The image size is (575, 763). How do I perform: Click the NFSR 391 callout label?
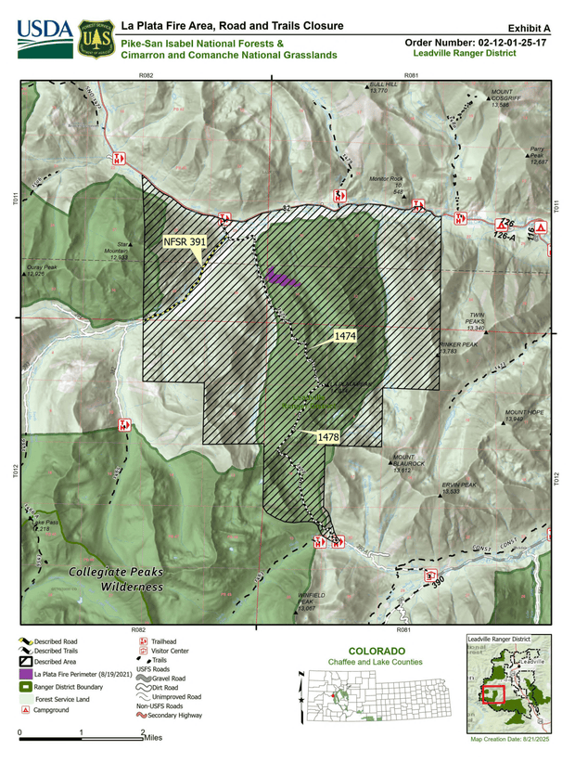pos(185,241)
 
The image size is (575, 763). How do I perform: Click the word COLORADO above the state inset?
pos(375,650)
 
